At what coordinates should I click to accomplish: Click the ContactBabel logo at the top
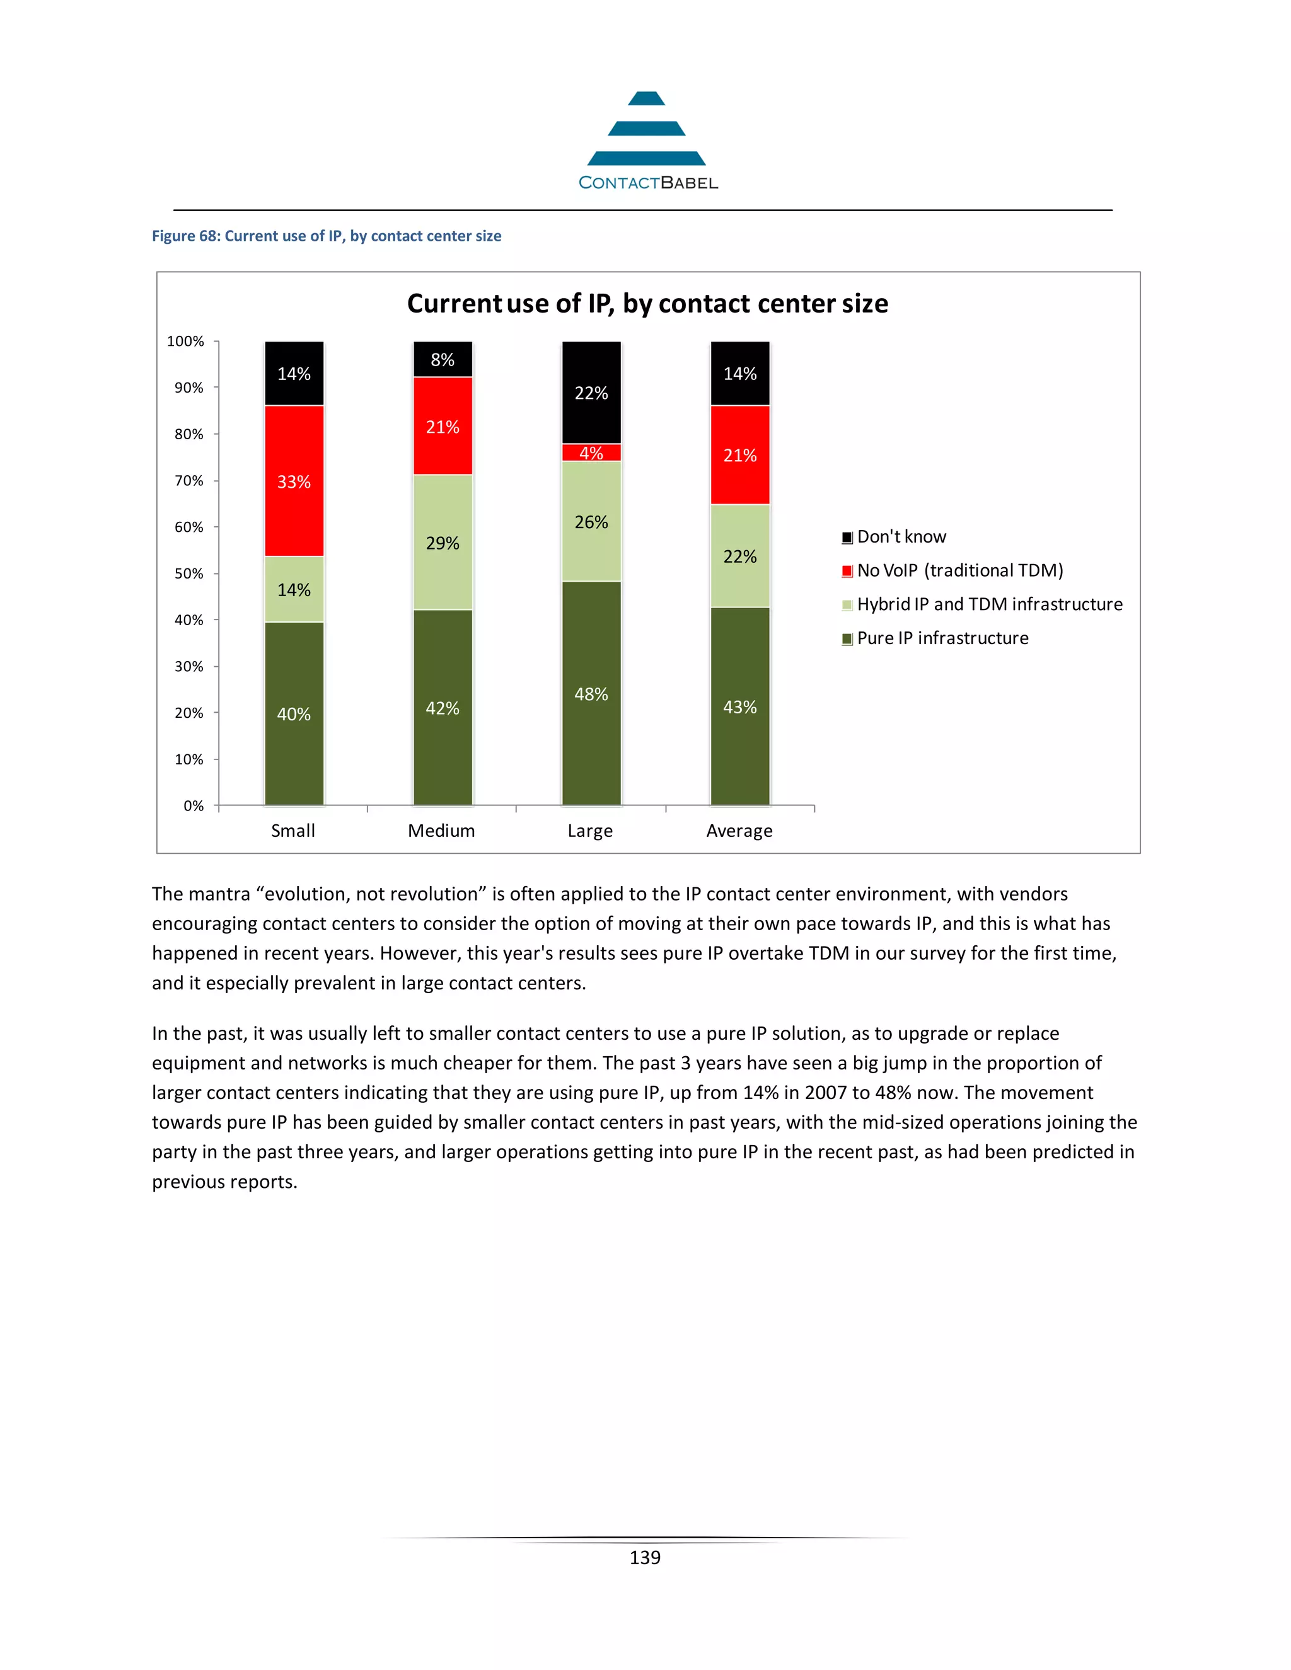(x=647, y=141)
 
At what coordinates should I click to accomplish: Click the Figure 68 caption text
(x=327, y=236)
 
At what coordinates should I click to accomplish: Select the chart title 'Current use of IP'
(x=647, y=304)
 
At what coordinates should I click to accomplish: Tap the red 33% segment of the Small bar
(x=294, y=481)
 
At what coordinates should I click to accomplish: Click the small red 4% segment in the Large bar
(x=591, y=452)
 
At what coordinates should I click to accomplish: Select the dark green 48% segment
(x=591, y=694)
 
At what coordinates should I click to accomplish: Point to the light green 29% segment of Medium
(x=443, y=543)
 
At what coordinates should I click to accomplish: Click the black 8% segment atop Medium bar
(x=443, y=359)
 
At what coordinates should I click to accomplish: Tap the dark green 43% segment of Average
(x=739, y=706)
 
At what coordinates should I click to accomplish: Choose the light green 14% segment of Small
(x=294, y=590)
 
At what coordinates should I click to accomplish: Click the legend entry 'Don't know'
(x=901, y=537)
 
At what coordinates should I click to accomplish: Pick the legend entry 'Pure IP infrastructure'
(x=942, y=638)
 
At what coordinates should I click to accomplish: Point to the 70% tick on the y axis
(x=189, y=481)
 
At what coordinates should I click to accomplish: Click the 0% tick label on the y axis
(x=194, y=806)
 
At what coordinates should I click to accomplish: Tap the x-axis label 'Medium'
(x=441, y=831)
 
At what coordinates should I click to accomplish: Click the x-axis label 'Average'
(x=739, y=831)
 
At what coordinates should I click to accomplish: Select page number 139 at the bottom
(x=645, y=1558)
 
